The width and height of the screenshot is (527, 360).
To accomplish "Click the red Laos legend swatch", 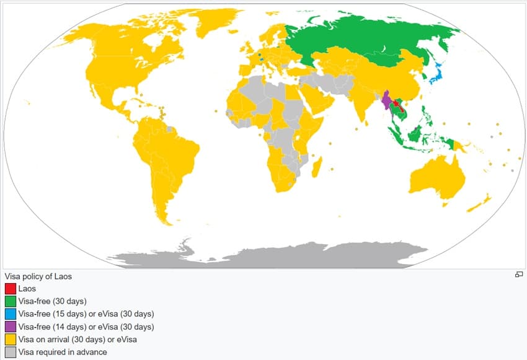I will (x=10, y=289).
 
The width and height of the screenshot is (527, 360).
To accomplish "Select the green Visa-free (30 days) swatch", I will (x=10, y=301).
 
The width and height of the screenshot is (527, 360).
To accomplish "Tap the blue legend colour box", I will (x=10, y=314).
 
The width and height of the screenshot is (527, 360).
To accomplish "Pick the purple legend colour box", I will (x=10, y=327).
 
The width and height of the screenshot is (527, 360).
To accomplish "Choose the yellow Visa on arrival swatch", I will (x=10, y=340).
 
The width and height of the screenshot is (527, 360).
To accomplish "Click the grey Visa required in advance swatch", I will (x=10, y=352).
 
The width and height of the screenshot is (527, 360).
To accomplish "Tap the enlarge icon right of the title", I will (x=519, y=274).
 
